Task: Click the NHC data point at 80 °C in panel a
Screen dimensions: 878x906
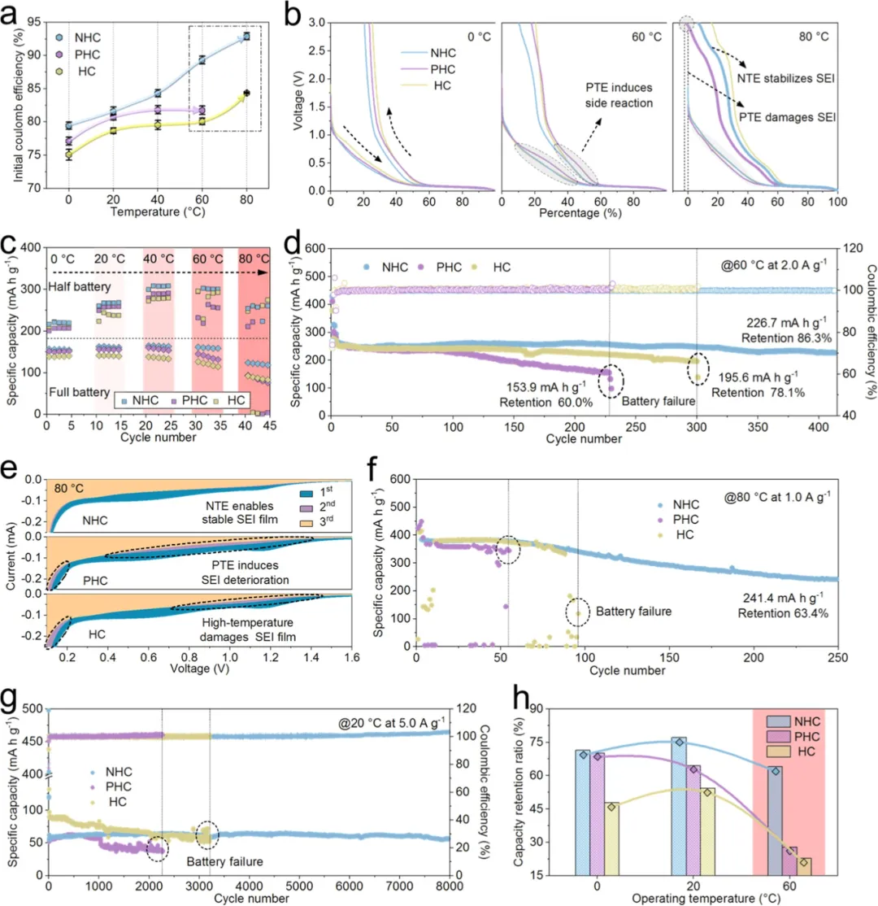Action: [246, 37]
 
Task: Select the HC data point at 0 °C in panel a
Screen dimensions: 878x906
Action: [69, 155]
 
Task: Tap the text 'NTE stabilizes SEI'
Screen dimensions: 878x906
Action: [785, 79]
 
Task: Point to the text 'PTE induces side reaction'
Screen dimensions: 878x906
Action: [619, 95]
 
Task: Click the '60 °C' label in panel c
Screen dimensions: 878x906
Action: [207, 259]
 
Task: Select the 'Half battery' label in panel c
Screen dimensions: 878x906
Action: [79, 286]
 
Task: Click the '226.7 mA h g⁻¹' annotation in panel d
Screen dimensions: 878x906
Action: [786, 322]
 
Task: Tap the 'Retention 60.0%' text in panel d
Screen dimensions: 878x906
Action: [545, 402]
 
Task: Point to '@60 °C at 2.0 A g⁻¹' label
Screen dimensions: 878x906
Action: [773, 265]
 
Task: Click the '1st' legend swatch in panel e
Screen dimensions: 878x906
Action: [306, 493]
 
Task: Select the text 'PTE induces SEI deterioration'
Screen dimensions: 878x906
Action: [245, 573]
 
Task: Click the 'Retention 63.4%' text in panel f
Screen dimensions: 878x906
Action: [783, 613]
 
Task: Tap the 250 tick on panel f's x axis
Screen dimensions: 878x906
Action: [837, 658]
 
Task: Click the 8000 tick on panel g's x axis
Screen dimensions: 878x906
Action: [449, 886]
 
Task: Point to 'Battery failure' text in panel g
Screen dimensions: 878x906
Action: [224, 861]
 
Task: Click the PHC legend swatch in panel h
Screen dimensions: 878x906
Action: [777, 737]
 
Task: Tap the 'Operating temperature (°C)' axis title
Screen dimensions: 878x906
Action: [706, 899]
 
